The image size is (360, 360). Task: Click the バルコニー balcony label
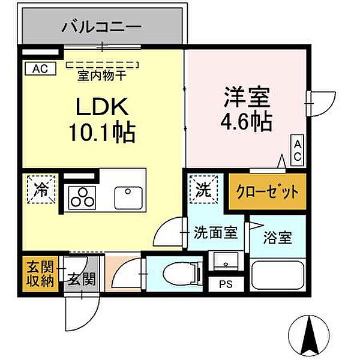(101, 27)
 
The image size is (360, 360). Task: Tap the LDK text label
(100, 107)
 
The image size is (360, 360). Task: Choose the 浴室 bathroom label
(278, 237)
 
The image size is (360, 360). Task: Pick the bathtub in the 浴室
(278, 277)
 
